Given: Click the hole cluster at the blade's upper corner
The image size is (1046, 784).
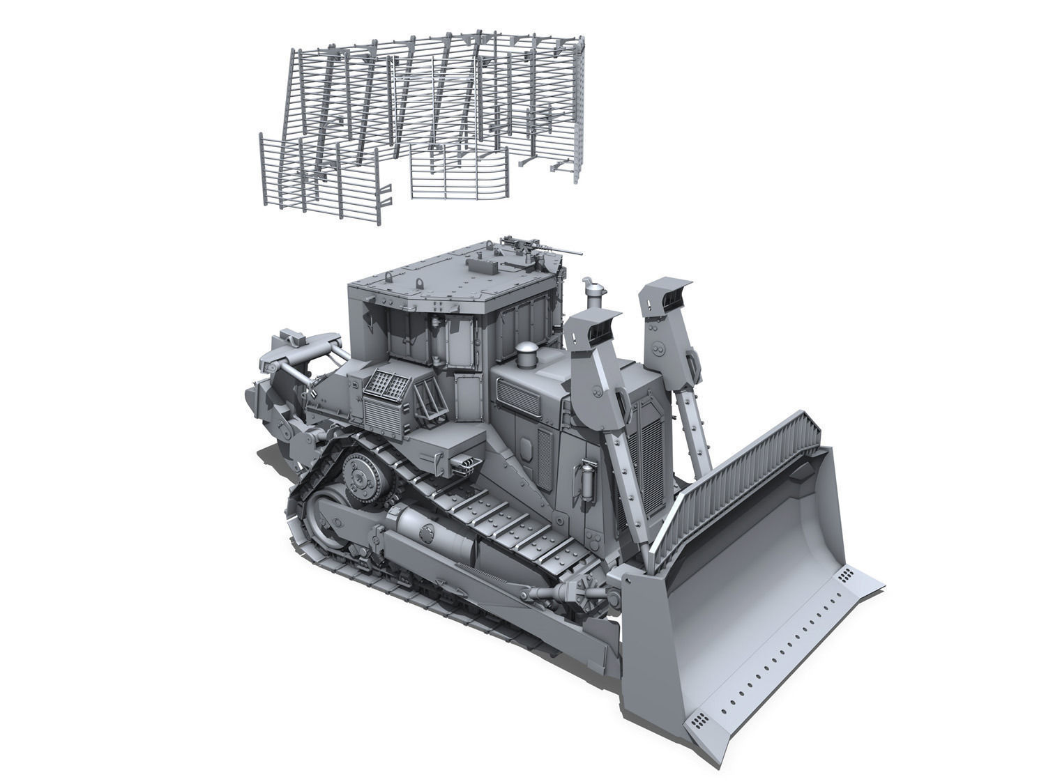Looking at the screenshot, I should (847, 576).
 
